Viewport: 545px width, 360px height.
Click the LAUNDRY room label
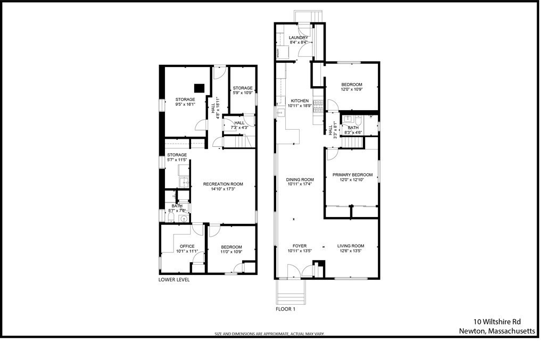299,38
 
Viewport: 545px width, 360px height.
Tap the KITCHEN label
300,101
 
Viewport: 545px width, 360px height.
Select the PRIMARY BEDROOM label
352,174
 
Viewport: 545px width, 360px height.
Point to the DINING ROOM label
300,180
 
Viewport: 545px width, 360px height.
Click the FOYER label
300,246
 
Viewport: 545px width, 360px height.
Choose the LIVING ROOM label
351,246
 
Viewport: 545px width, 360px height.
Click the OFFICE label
187,246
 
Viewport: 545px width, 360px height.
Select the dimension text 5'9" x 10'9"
242,94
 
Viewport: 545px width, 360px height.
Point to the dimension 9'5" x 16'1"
186,105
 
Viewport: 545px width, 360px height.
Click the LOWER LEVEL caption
174,280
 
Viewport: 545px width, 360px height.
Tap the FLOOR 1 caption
285,309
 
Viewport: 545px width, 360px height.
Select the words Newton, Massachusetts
497,330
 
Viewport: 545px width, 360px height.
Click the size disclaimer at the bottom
269,334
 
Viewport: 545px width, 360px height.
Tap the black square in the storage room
200,88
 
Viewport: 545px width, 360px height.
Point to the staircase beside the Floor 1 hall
351,143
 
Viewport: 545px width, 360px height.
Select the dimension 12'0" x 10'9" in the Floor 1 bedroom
352,90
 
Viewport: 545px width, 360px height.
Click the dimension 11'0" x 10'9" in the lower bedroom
232,252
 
